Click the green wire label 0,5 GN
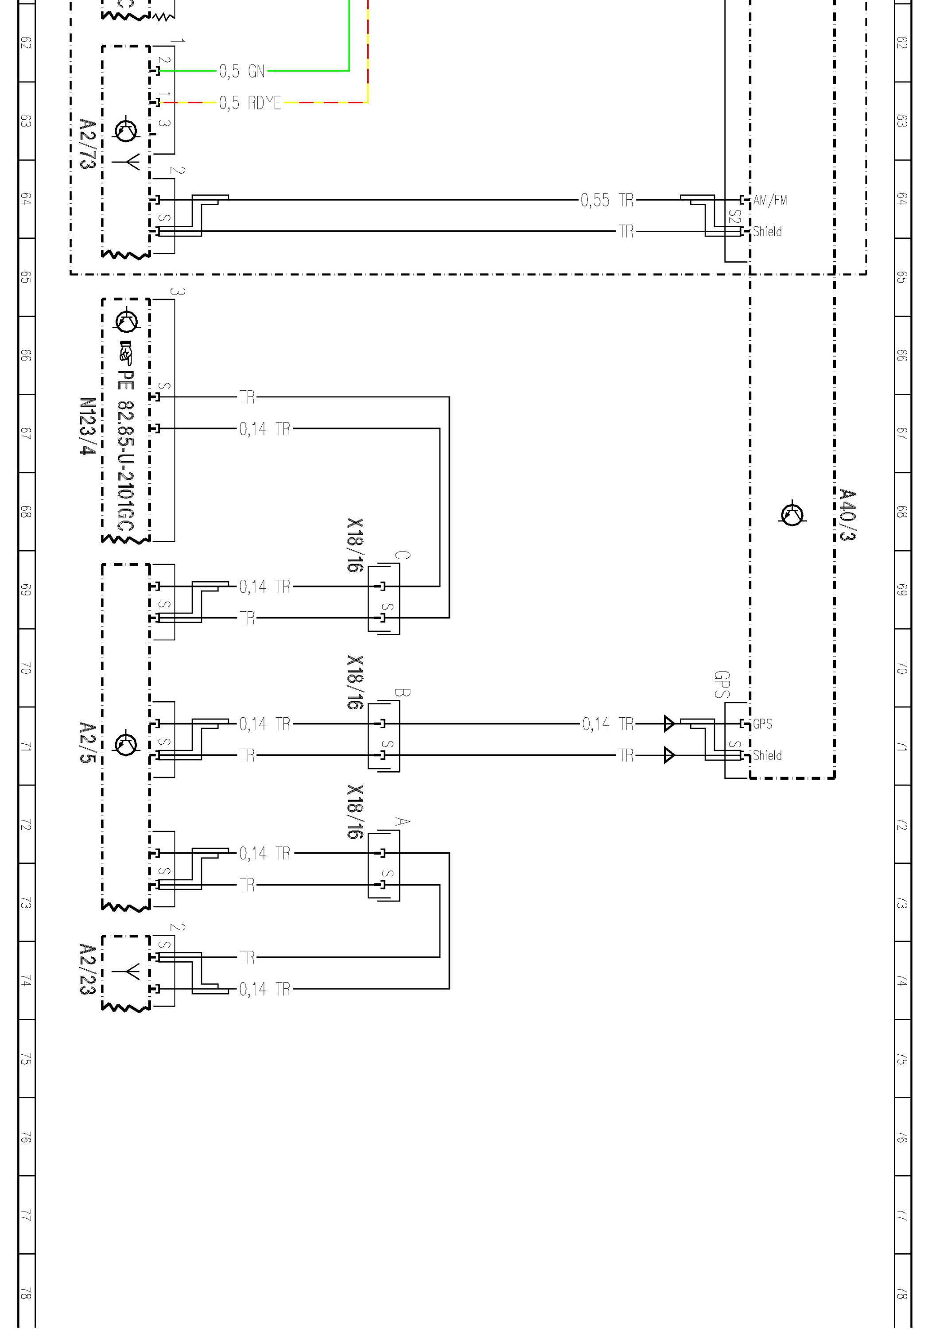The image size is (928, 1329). click(241, 71)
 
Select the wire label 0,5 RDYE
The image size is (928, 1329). click(249, 103)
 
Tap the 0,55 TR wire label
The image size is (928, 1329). click(607, 200)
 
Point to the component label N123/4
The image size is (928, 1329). click(87, 426)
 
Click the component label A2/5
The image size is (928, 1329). click(87, 742)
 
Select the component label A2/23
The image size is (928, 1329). click(87, 970)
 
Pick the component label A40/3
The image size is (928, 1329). click(847, 515)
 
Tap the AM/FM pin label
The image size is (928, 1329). click(770, 200)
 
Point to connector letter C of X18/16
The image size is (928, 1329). click(402, 555)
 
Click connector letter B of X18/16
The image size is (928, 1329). click(402, 692)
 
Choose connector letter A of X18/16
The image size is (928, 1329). click(402, 821)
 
